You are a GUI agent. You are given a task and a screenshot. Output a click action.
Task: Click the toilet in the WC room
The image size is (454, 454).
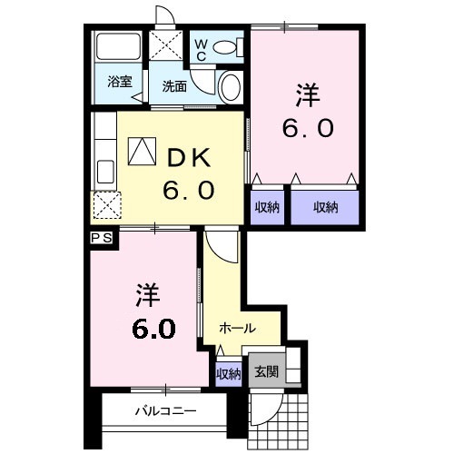point(228,44)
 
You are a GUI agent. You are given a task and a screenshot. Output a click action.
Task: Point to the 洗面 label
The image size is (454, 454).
point(174,86)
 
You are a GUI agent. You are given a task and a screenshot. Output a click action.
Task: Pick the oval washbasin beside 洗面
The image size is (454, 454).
point(231,87)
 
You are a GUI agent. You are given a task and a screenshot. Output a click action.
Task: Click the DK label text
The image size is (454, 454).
point(186,157)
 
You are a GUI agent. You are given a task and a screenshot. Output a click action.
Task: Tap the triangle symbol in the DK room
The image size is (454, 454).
point(141,151)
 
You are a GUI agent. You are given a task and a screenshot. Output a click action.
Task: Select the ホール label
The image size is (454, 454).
point(237,329)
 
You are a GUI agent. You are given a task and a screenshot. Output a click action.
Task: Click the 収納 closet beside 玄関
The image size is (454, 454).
point(228,372)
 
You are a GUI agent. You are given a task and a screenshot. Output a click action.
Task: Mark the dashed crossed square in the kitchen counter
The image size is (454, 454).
point(106,206)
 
